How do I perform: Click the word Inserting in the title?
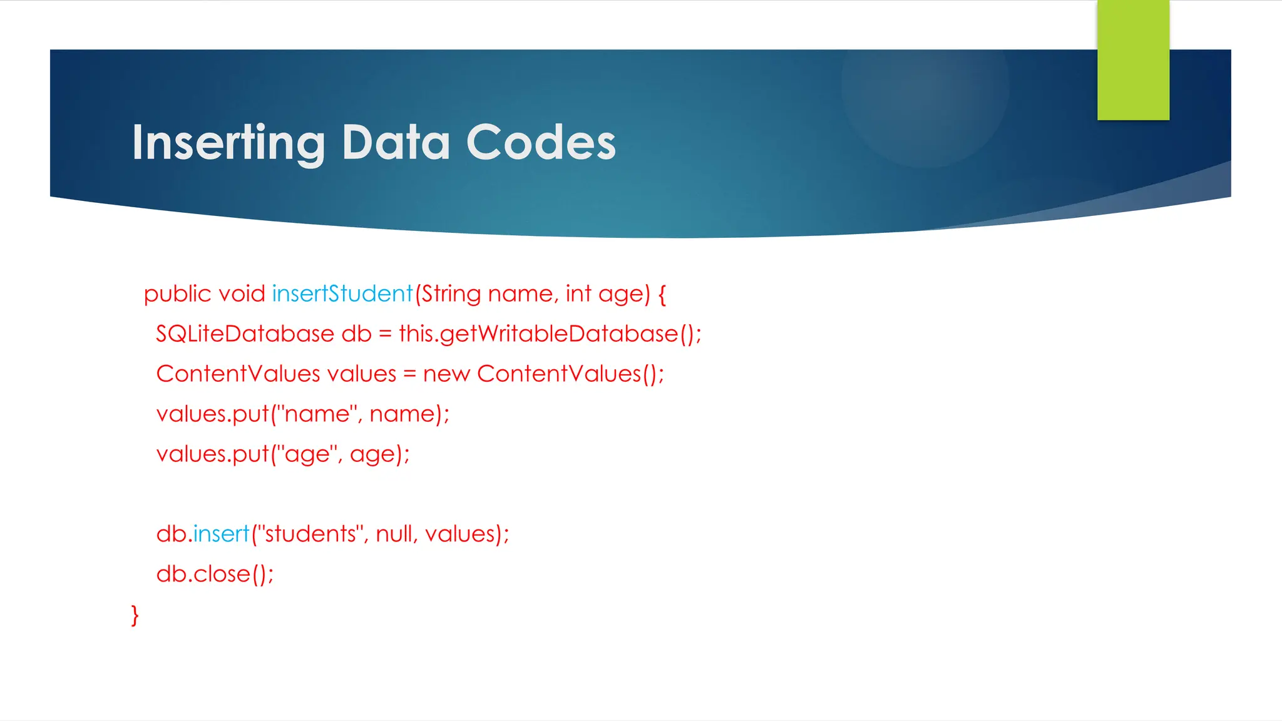[228, 143]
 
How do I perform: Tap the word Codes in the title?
[541, 143]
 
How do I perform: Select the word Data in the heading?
[396, 143]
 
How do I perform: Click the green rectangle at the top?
[1133, 60]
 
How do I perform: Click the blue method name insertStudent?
[342, 294]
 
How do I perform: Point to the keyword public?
[177, 294]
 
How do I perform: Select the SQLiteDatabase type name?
[245, 334]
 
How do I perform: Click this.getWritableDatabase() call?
[550, 334]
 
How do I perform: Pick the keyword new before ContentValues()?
[446, 374]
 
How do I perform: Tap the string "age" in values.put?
[307, 454]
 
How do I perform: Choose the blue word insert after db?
[221, 534]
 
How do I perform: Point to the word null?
[396, 534]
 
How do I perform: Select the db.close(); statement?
[215, 574]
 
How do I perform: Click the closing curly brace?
[135, 615]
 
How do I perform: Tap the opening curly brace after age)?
[662, 294]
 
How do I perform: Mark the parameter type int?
[578, 294]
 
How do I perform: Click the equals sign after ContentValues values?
[409, 374]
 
